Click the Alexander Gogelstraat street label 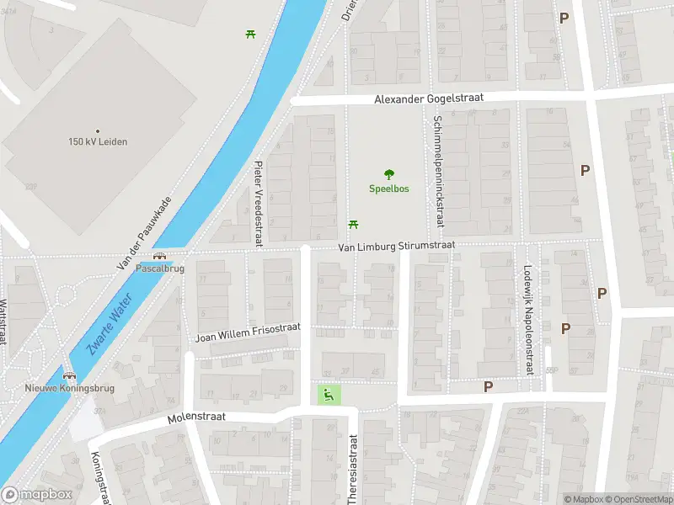(429, 99)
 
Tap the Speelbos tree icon (389, 175)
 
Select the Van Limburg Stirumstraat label (396, 246)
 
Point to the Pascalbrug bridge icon (160, 257)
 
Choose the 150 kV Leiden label (99, 141)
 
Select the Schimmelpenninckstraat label (438, 171)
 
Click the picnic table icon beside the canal (251, 34)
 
